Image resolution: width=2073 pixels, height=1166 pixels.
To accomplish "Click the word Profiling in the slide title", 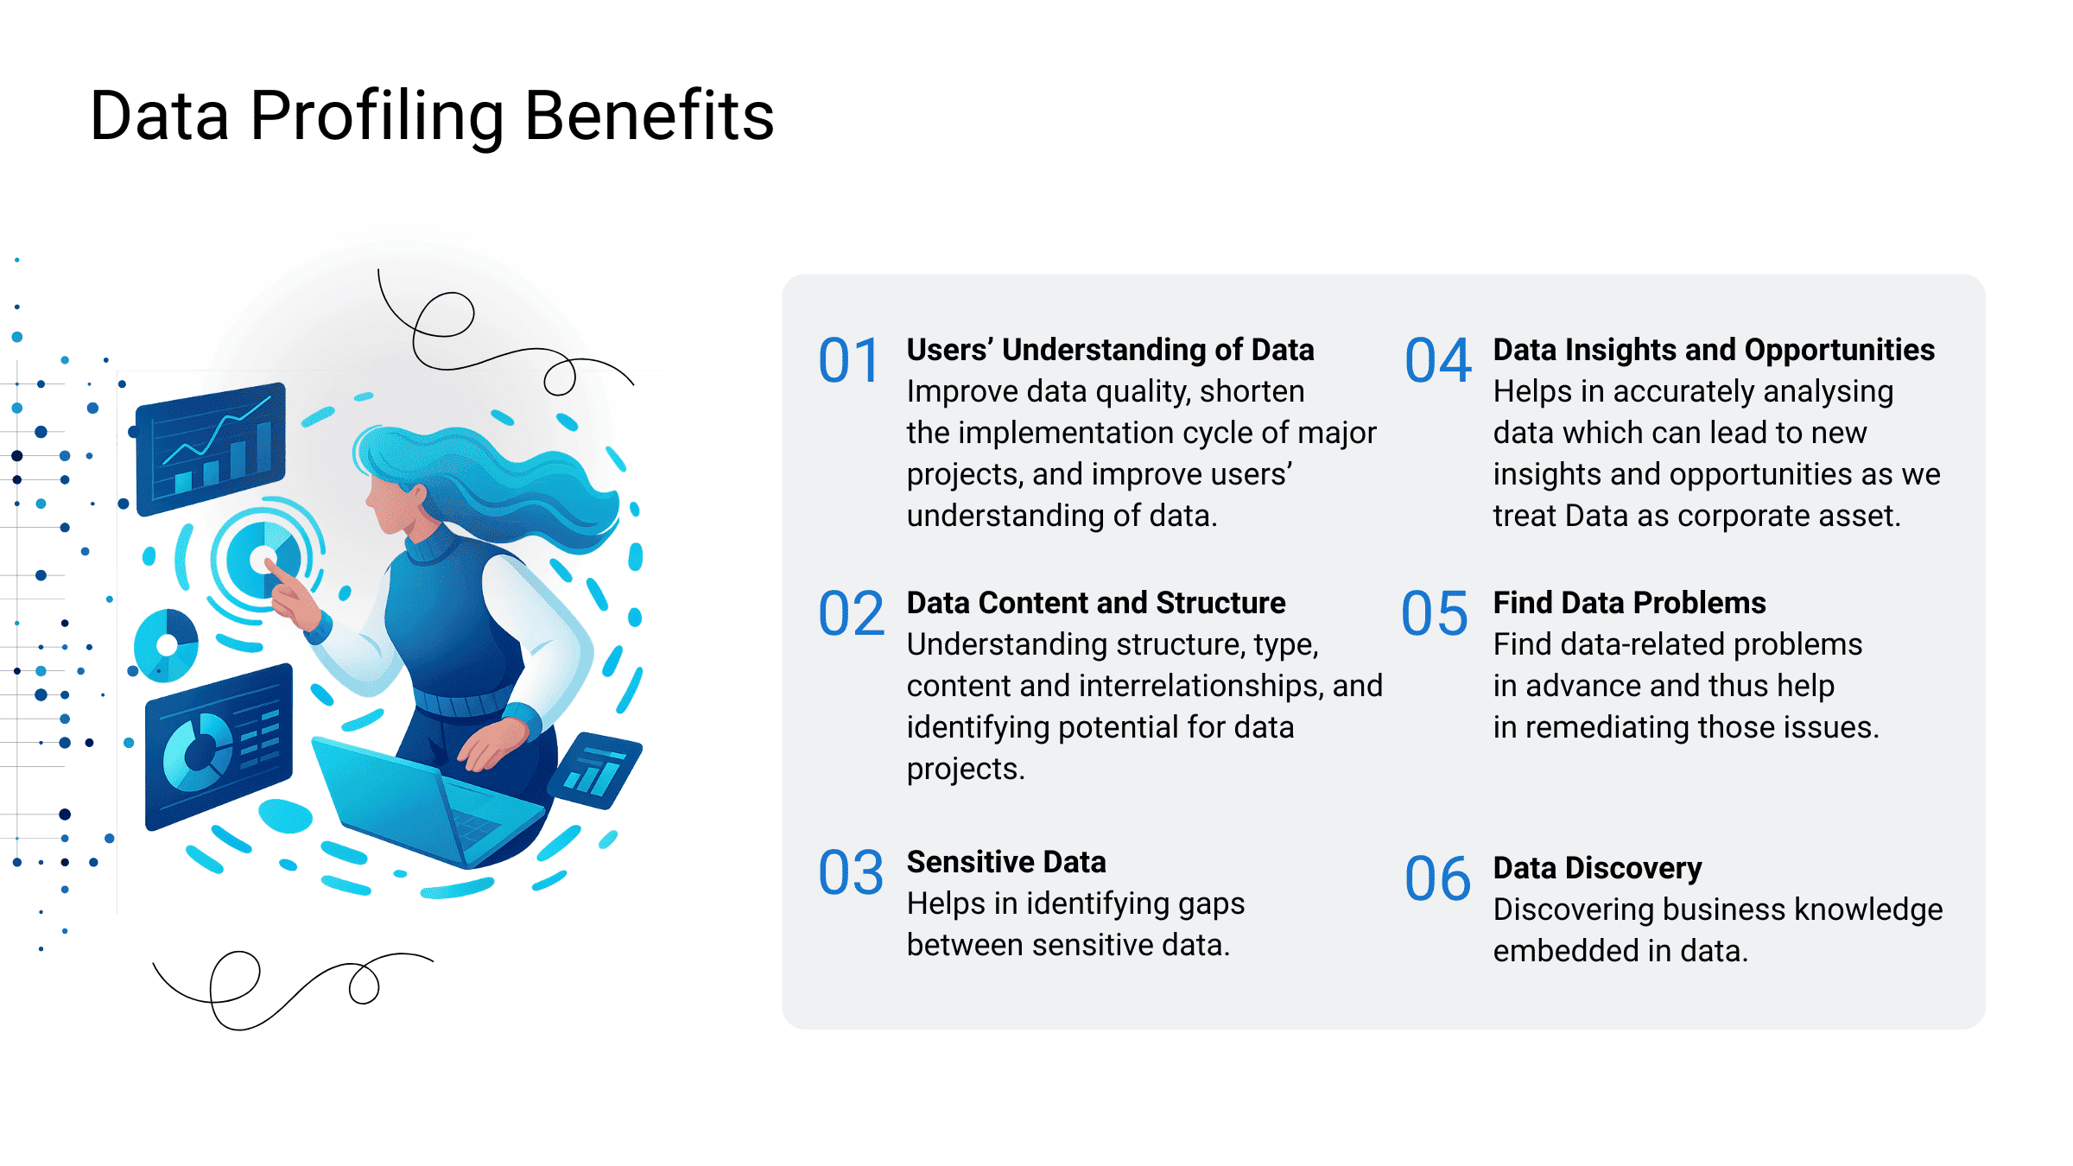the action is point(377,117).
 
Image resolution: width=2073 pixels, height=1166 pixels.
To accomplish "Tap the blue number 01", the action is point(849,360).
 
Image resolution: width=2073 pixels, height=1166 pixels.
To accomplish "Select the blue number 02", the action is point(851,613).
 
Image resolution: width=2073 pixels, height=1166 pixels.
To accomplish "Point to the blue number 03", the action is point(851,872).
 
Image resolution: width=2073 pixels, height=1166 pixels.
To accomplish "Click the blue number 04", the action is point(1438,360).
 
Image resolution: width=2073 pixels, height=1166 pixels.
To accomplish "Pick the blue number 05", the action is point(1435,613).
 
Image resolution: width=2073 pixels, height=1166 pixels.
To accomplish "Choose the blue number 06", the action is point(1438,878).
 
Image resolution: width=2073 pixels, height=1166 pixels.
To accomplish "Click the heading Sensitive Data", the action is point(1006,862).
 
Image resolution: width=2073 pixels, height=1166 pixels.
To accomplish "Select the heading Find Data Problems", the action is point(1630,603).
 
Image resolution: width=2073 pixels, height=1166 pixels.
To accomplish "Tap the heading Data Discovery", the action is point(1598,868).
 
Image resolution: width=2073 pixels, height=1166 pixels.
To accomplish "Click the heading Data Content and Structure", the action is point(1096,603).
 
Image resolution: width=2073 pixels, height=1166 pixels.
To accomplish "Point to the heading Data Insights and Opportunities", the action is point(1715,350).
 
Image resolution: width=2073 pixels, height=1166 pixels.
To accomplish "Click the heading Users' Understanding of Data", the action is point(1111,350).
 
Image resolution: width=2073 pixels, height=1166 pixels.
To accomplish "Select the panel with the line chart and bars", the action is point(211,448).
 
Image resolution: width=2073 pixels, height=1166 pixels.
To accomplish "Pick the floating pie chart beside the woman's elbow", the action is point(166,645).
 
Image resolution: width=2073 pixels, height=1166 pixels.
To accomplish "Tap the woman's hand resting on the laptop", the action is point(490,745).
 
